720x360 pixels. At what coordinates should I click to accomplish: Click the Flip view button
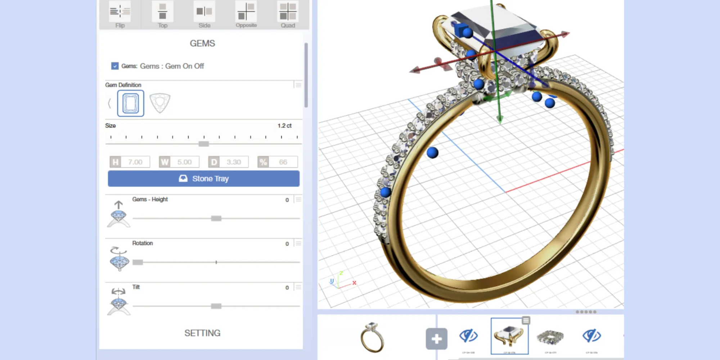[120, 14]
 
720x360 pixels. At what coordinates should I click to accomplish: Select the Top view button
[162, 14]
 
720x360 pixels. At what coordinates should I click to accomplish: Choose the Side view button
[204, 14]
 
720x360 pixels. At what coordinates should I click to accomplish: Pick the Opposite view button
[246, 14]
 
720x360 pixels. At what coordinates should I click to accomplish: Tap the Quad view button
[288, 14]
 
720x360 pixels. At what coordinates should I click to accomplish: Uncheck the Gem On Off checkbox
[115, 66]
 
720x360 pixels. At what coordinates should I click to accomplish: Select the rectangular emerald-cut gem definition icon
[131, 104]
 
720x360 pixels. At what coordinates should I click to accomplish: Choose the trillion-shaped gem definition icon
[159, 103]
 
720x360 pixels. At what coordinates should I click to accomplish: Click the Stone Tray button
[203, 179]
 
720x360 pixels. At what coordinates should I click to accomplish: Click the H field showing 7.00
[135, 162]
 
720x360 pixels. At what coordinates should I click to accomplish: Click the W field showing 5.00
[184, 162]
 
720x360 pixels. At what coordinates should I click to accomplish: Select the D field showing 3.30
[234, 162]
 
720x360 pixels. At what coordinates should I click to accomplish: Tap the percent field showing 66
[283, 162]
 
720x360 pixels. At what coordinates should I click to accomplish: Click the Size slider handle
[204, 144]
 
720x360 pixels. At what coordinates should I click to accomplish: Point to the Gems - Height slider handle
[216, 219]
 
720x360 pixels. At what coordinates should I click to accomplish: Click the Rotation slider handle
[138, 262]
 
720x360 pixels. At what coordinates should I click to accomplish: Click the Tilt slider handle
[216, 306]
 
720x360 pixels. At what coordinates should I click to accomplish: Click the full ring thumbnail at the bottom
[372, 337]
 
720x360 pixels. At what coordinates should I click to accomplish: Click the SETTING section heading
[202, 333]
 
